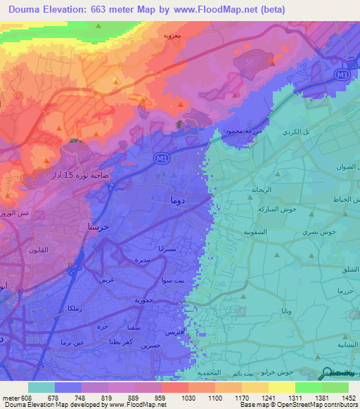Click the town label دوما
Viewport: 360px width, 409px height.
pyautogui.click(x=178, y=200)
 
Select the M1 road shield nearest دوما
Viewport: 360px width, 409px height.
pyautogui.click(x=161, y=160)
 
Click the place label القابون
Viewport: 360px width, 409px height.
pyautogui.click(x=38, y=250)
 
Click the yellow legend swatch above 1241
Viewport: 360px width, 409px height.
pyautogui.click(x=255, y=387)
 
